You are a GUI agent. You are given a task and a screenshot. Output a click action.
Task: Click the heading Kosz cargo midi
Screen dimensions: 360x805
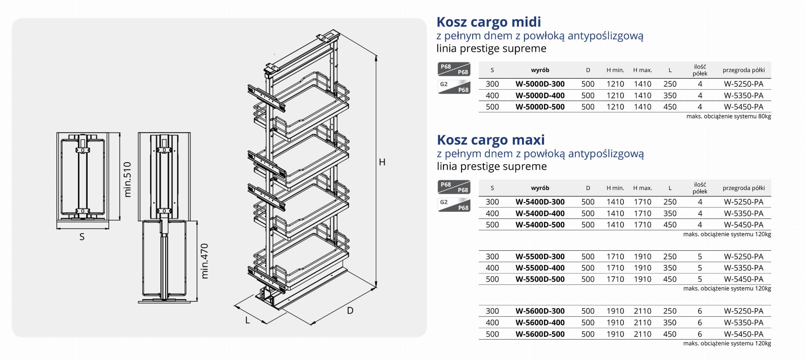(489, 22)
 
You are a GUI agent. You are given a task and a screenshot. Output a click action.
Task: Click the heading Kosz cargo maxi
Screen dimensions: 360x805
(491, 140)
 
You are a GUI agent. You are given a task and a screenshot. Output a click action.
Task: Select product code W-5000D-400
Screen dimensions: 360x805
(540, 96)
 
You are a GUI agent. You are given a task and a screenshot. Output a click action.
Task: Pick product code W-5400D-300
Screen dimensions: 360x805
(540, 202)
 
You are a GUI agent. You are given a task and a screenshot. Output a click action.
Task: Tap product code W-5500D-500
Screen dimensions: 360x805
(540, 279)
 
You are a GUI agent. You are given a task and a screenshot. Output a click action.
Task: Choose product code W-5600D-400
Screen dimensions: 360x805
(540, 323)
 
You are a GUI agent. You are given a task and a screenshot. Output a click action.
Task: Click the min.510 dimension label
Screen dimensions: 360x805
(127, 179)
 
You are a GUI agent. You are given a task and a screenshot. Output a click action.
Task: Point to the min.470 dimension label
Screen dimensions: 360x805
(204, 261)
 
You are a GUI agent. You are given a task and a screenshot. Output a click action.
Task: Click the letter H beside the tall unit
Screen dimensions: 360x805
(382, 162)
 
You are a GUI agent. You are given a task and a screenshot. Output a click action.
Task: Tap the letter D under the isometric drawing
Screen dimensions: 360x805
(350, 311)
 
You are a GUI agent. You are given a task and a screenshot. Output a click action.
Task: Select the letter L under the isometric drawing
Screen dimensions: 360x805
(248, 320)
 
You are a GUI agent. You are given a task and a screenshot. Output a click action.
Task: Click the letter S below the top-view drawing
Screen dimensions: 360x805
(82, 237)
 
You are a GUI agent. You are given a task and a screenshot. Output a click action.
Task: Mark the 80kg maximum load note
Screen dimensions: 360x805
(728, 116)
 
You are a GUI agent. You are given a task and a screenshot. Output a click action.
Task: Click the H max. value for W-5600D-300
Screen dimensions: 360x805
(642, 311)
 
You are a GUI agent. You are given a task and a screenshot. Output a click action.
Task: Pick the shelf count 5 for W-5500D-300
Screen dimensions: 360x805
(700, 257)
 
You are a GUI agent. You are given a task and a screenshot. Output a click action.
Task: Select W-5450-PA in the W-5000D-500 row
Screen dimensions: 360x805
(743, 107)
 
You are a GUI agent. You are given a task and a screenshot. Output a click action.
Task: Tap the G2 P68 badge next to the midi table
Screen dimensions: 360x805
(454, 87)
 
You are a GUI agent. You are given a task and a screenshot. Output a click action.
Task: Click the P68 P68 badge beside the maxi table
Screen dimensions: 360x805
(454, 187)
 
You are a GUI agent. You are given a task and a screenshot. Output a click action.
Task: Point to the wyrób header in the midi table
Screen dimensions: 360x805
(540, 70)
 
